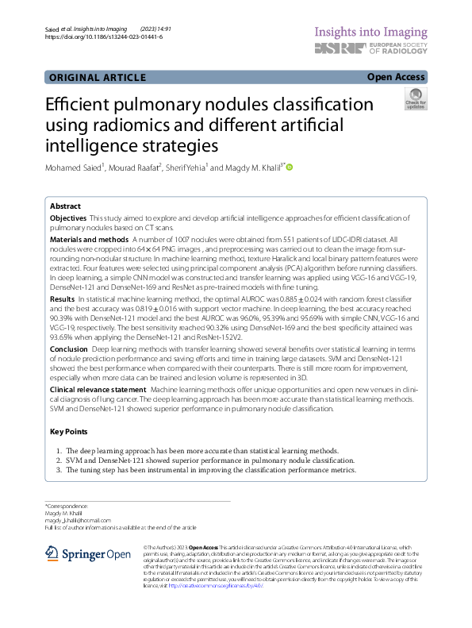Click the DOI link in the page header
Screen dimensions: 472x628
click(x=104, y=37)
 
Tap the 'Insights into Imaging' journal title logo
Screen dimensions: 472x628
click(x=372, y=31)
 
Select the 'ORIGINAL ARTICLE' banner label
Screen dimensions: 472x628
click(x=97, y=77)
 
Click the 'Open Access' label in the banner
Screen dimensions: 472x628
click(x=396, y=77)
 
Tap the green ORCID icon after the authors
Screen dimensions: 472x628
click(x=290, y=167)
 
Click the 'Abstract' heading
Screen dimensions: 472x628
click(x=65, y=206)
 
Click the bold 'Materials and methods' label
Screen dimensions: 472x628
click(x=89, y=239)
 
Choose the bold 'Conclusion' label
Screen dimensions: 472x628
click(x=69, y=349)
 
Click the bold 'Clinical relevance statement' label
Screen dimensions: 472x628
click(x=98, y=391)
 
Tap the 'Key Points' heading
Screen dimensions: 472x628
click(x=68, y=432)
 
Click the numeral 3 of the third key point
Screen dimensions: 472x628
click(x=58, y=470)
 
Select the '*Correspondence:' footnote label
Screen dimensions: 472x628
click(x=66, y=506)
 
